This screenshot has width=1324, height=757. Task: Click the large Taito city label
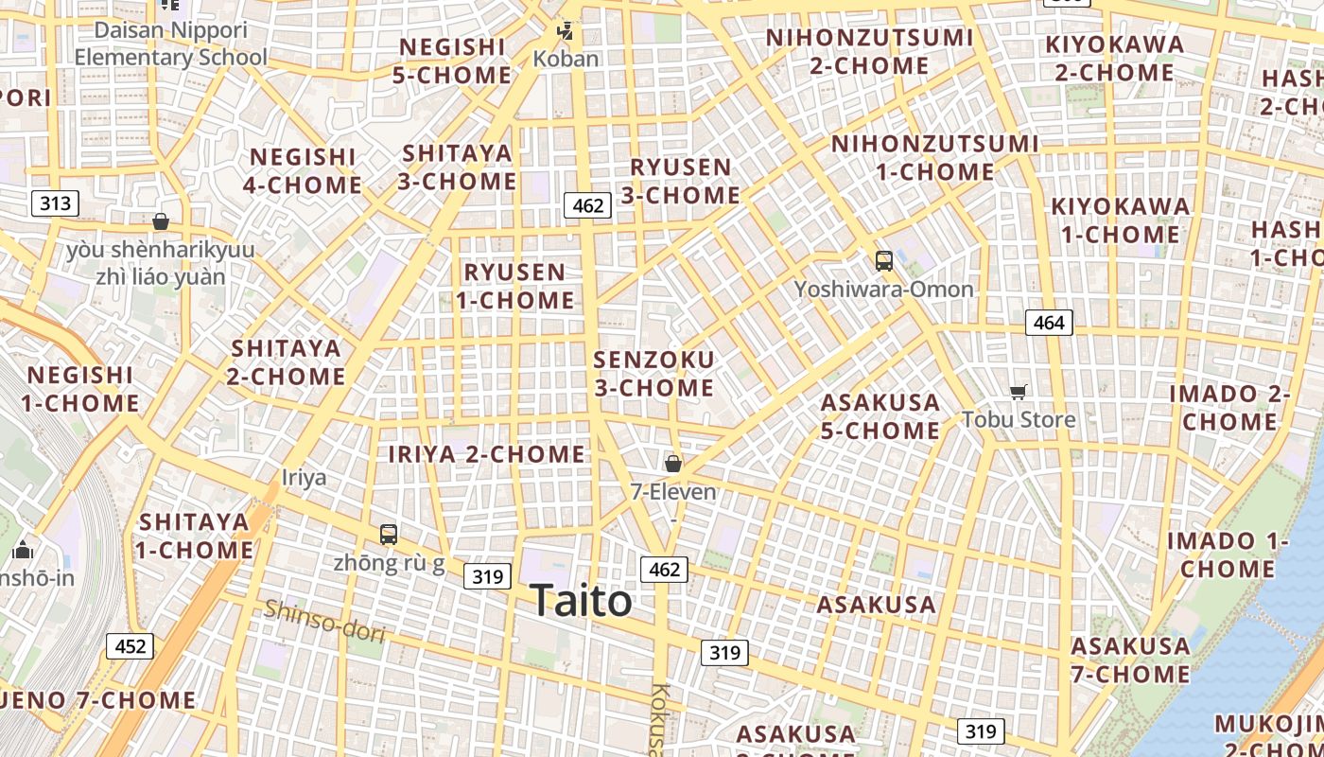coord(581,600)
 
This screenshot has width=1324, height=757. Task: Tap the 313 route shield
coord(55,202)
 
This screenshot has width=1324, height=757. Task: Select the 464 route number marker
coord(1049,323)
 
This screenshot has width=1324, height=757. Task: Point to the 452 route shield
coord(130,646)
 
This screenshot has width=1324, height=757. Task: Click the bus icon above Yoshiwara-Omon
coord(884,261)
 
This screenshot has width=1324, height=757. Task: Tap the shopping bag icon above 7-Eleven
coord(673,464)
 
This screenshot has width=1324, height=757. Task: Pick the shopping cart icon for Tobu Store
coord(1019,392)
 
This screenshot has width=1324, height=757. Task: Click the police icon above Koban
coord(566,31)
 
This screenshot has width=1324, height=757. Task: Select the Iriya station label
coord(305,477)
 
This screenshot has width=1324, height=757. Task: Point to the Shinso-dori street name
coord(324,620)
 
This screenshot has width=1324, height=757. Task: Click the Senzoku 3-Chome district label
coord(653,374)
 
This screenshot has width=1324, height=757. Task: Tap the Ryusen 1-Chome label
coord(515,286)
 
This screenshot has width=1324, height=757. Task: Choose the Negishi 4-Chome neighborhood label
coord(303,170)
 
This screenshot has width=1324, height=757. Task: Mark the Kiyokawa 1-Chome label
coord(1121,220)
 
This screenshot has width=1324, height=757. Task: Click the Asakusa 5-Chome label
coord(880,416)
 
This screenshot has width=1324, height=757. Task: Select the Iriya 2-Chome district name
coord(487,454)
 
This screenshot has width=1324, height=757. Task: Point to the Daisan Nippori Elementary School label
coord(171,44)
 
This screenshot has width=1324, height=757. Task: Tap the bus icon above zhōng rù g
coord(389,534)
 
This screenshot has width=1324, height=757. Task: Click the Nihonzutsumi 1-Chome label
coord(935,158)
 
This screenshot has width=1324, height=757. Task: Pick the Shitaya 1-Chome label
coord(194,536)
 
